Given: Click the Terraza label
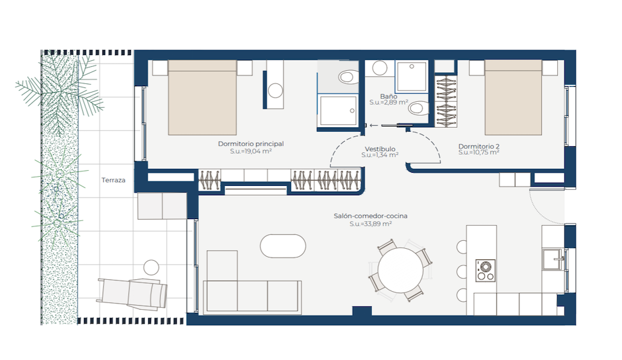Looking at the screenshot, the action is (113, 180).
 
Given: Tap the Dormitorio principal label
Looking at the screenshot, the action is (251, 144).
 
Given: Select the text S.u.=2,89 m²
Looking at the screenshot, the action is (389, 103).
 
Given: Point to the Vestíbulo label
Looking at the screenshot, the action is (380, 149).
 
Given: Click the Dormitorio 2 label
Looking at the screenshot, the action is (479, 146).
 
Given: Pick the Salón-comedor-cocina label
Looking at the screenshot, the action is (371, 216).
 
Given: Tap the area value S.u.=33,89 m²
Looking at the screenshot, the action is (371, 224).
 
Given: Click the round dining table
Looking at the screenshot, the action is (400, 270).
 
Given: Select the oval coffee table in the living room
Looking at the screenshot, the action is (283, 246).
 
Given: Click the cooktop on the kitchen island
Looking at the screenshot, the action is (485, 271).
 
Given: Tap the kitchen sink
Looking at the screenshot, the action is (553, 259).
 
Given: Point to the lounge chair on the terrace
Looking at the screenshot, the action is (132, 294).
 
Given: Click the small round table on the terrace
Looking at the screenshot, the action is (151, 267).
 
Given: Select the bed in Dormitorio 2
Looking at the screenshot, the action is (513, 97).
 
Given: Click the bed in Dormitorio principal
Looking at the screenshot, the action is (202, 98).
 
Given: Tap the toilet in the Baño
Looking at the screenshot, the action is (419, 108).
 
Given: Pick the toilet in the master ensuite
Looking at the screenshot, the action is (349, 77).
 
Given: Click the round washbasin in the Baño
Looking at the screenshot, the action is (380, 68).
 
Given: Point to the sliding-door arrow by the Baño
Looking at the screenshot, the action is (373, 126).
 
